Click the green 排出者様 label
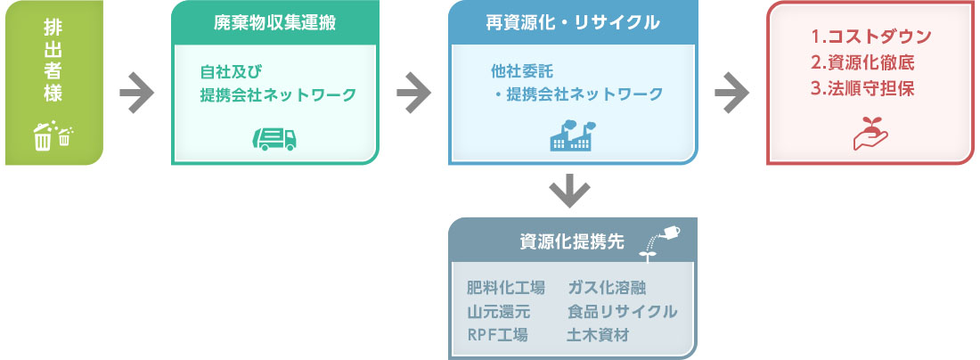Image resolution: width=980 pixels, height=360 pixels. click(53, 60)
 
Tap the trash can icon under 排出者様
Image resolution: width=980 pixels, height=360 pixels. click(53, 135)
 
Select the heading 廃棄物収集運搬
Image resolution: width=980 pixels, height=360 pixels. click(274, 23)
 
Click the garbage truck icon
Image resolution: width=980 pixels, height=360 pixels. click(274, 139)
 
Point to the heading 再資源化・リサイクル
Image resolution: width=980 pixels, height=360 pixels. click(573, 23)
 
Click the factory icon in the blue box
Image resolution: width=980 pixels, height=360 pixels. click(573, 135)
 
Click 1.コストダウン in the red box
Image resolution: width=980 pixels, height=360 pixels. click(871, 37)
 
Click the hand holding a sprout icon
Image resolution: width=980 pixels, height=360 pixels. click(870, 133)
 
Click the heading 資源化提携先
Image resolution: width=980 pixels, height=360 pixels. click(572, 242)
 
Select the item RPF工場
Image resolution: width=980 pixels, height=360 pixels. click(497, 335)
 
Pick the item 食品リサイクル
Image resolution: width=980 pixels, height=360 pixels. click(623, 312)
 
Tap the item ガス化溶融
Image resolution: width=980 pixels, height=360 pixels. click(606, 288)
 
